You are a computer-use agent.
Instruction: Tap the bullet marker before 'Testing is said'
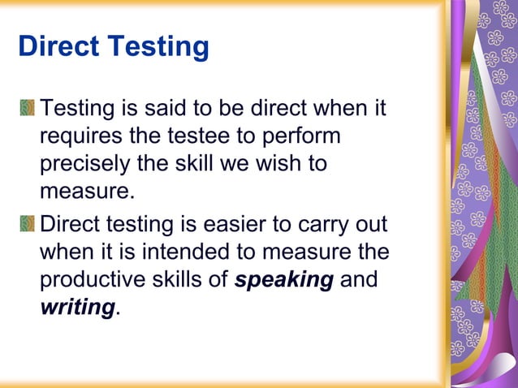[29, 107]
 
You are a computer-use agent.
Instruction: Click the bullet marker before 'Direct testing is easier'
[29, 223]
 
